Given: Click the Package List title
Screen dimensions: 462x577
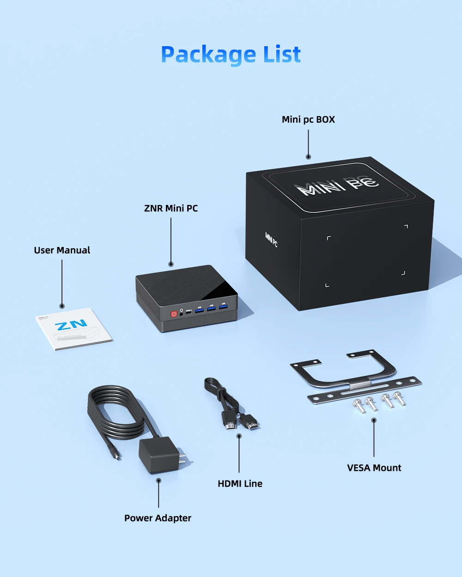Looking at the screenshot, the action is (x=231, y=54).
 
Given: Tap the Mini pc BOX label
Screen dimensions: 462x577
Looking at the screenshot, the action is (x=308, y=120).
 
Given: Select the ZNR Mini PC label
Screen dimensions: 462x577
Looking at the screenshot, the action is (x=171, y=208).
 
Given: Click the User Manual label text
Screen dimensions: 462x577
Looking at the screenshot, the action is (x=62, y=250).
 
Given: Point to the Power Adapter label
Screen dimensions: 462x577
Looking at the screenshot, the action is (x=158, y=518).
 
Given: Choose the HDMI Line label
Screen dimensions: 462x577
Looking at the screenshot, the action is (x=240, y=483).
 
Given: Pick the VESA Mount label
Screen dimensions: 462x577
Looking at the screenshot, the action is (x=374, y=468).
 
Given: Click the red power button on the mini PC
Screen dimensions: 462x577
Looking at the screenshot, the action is (x=174, y=314).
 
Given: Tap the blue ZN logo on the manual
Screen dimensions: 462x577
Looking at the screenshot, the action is (x=71, y=325).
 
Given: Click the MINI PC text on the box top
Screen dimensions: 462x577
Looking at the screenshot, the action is (x=337, y=185).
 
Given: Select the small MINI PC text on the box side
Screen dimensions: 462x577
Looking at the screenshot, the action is (x=271, y=240).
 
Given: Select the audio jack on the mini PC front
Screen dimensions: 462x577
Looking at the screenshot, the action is (x=181, y=313).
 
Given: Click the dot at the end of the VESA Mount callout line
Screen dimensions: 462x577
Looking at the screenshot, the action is (x=374, y=420).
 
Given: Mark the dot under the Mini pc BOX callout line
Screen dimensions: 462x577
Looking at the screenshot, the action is (x=308, y=157).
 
